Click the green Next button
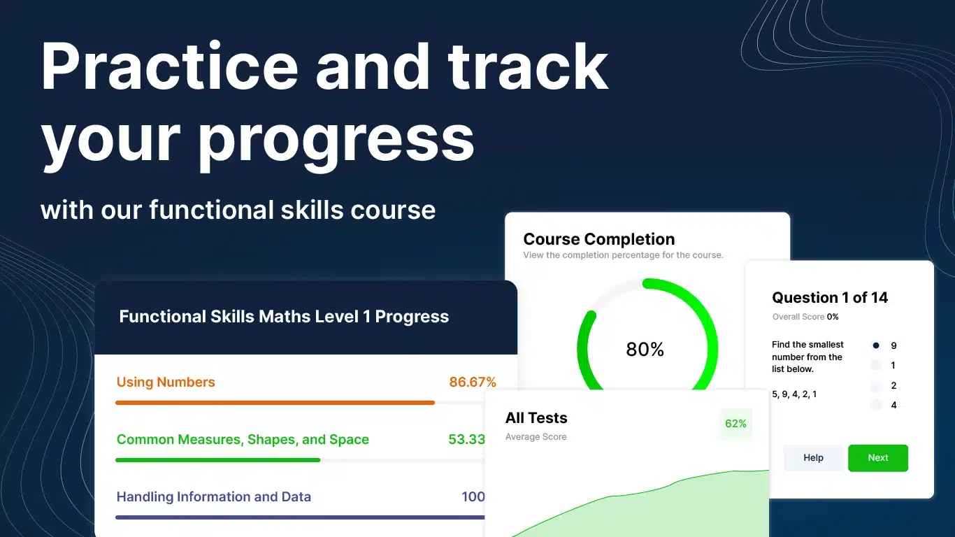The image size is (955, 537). [878, 458]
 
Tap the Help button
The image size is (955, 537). [813, 458]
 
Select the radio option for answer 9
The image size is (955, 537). [876, 345]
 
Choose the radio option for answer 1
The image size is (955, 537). [876, 365]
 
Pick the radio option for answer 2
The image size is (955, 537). [876, 385]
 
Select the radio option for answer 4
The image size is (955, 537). [876, 405]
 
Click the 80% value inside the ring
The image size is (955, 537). [645, 350]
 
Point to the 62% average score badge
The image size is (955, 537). [736, 424]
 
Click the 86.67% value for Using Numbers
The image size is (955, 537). [473, 382]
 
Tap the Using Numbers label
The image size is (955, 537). [166, 382]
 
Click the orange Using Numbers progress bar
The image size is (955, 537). [275, 403]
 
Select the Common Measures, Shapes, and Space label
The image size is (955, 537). [243, 439]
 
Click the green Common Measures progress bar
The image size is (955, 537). [218, 460]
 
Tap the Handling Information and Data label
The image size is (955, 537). [214, 496]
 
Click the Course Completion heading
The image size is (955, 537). [599, 239]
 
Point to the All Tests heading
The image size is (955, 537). [536, 417]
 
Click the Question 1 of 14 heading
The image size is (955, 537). [830, 297]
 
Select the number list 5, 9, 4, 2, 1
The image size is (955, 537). [794, 394]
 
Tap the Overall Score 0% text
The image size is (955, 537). [805, 317]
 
